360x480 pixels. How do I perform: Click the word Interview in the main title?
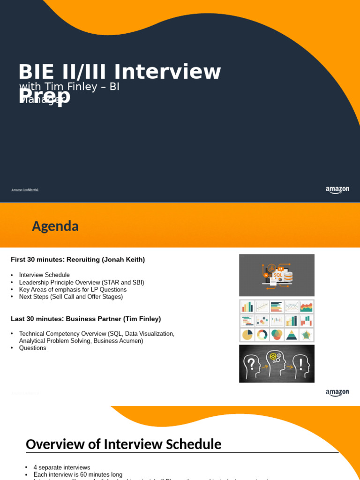(167, 72)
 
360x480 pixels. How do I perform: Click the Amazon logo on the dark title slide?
(337, 190)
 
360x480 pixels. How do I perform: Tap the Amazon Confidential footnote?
(25, 190)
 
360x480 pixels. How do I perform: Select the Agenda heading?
(55, 226)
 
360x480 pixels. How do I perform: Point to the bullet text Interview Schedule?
(44, 275)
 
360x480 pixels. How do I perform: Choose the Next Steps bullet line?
(70, 297)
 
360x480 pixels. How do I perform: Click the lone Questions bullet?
(32, 348)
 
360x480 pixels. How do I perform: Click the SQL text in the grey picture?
(278, 275)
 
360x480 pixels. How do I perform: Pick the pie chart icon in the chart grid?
(247, 335)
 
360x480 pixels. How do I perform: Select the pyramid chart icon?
(292, 335)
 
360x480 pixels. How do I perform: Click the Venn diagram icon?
(277, 335)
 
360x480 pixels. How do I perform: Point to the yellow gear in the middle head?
(274, 356)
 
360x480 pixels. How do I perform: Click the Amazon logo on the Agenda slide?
(337, 393)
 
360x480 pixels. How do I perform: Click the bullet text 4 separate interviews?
(61, 467)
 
